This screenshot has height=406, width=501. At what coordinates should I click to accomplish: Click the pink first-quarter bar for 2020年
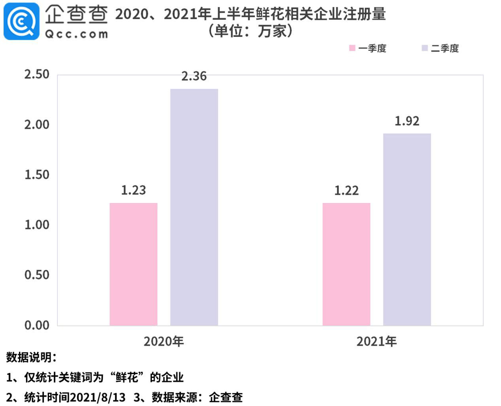[x=133, y=264]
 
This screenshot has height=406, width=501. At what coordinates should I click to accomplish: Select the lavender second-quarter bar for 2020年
[x=194, y=207]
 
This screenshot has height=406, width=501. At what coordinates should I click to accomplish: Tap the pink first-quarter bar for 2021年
[x=346, y=264]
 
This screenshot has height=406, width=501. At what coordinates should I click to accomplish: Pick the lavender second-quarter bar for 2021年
[x=407, y=229]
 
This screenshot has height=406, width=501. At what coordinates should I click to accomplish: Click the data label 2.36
[x=194, y=76]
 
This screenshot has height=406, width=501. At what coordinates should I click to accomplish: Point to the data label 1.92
[x=407, y=121]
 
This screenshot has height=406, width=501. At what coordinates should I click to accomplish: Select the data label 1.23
[x=133, y=191]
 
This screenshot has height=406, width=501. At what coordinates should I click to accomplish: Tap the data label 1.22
[x=346, y=191]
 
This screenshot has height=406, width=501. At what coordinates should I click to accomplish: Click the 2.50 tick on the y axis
[x=37, y=74]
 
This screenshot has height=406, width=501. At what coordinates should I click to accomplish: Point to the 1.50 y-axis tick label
[x=37, y=175]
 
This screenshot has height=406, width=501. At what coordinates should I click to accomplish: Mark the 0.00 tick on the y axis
[x=37, y=325]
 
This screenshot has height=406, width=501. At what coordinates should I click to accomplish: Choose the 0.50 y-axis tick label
[x=37, y=275]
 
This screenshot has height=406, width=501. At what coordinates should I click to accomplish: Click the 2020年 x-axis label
[x=164, y=341]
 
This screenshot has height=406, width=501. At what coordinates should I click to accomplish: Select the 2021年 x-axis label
[x=376, y=341]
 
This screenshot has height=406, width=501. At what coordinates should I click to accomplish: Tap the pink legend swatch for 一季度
[x=352, y=48]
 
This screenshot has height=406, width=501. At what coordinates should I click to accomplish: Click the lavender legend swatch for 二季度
[x=425, y=48]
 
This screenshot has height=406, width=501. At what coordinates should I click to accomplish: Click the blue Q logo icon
[x=21, y=21]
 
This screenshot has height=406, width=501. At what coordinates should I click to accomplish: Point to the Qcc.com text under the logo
[x=76, y=34]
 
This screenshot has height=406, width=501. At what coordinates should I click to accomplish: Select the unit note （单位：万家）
[x=250, y=31]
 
